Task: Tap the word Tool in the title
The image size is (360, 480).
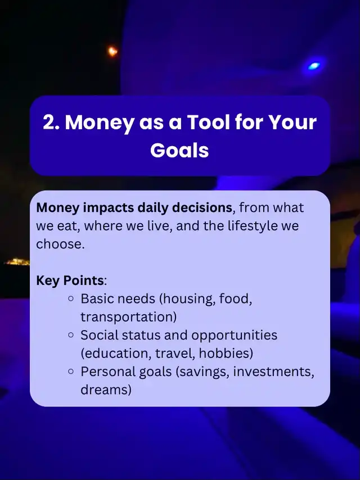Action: (208, 123)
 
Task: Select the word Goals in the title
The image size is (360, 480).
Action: (179, 150)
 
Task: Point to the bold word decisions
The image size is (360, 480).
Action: (201, 207)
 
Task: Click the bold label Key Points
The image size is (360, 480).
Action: (70, 280)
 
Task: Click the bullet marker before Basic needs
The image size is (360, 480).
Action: (71, 298)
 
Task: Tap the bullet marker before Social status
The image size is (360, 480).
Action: (71, 335)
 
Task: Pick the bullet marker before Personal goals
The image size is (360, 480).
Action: (71, 372)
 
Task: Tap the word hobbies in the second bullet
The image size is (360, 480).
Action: (224, 354)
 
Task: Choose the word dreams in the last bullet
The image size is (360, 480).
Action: (103, 390)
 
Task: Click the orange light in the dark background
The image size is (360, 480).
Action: (112, 51)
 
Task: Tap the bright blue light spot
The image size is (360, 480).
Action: (314, 66)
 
